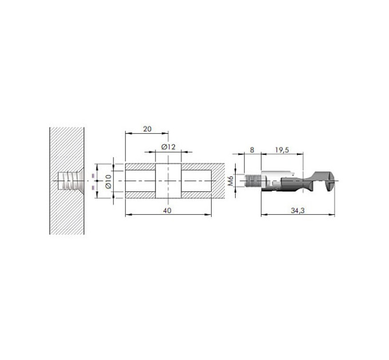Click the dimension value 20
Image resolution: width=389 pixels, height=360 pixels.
coord(147,129)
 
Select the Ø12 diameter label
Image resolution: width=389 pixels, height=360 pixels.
coord(168,147)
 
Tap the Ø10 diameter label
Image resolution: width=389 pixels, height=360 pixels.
coord(109,181)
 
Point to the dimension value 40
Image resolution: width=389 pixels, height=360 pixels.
coord(167,211)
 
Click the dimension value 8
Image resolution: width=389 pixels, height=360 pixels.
coord(252,150)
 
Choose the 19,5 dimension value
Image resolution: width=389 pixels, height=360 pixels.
coord(282,150)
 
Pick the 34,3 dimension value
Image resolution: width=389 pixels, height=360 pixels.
coord(297,211)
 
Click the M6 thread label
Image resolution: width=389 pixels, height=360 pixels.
coord(231,181)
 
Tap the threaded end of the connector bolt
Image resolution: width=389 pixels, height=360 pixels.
coord(252,181)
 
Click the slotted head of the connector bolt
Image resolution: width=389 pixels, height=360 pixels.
coord(331,181)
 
